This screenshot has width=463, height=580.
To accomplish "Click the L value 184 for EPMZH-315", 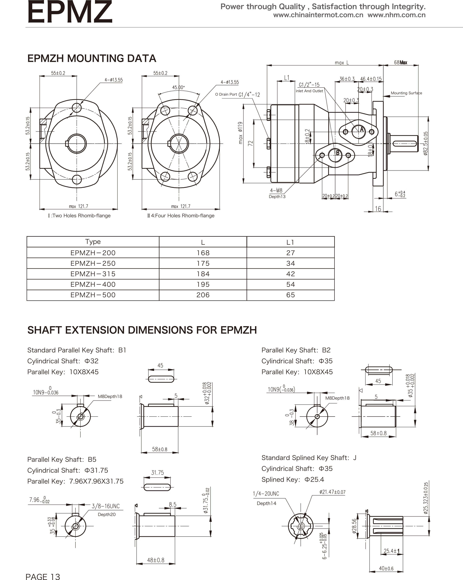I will tap(203, 274).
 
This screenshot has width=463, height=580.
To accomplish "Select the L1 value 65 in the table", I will tap(290, 295).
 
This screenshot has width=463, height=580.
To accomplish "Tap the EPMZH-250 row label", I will tap(93, 263).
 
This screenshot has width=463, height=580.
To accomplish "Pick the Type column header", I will tap(93, 242).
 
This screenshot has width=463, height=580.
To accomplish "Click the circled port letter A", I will tap(362, 130).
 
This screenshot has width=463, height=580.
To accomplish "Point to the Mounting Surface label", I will tap(406, 93).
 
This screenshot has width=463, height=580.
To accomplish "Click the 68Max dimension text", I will tap(400, 62).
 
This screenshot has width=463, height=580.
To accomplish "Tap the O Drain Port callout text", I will tap(226, 94).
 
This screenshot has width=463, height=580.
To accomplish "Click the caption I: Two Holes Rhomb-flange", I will tap(79, 215).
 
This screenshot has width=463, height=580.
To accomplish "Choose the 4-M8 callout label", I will tap(276, 191).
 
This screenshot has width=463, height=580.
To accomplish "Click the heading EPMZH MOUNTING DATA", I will tap(92, 58).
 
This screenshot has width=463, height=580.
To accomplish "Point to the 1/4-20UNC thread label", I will tap(266, 494).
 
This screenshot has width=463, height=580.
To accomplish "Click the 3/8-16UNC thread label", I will tap(106, 506).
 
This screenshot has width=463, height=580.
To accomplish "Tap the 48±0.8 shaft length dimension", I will tap(156, 560).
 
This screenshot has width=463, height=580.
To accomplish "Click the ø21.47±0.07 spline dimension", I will tap(332, 492).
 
